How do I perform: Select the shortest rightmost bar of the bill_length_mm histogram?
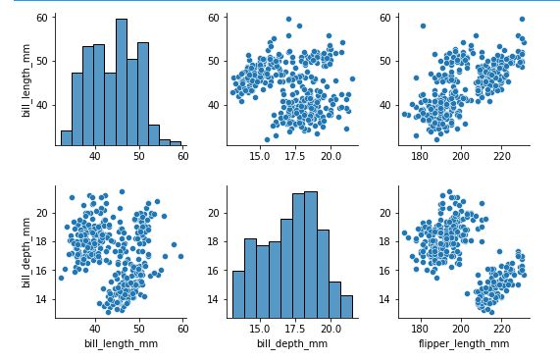[176, 143]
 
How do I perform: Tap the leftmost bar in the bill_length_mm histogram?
[66, 138]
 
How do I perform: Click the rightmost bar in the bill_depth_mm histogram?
[346, 307]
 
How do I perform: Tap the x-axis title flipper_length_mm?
[464, 343]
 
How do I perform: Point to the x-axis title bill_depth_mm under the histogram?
[291, 343]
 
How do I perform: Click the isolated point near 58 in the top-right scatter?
[423, 26]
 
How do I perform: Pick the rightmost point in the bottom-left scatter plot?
[180, 256]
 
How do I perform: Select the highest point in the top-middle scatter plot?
[288, 19]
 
